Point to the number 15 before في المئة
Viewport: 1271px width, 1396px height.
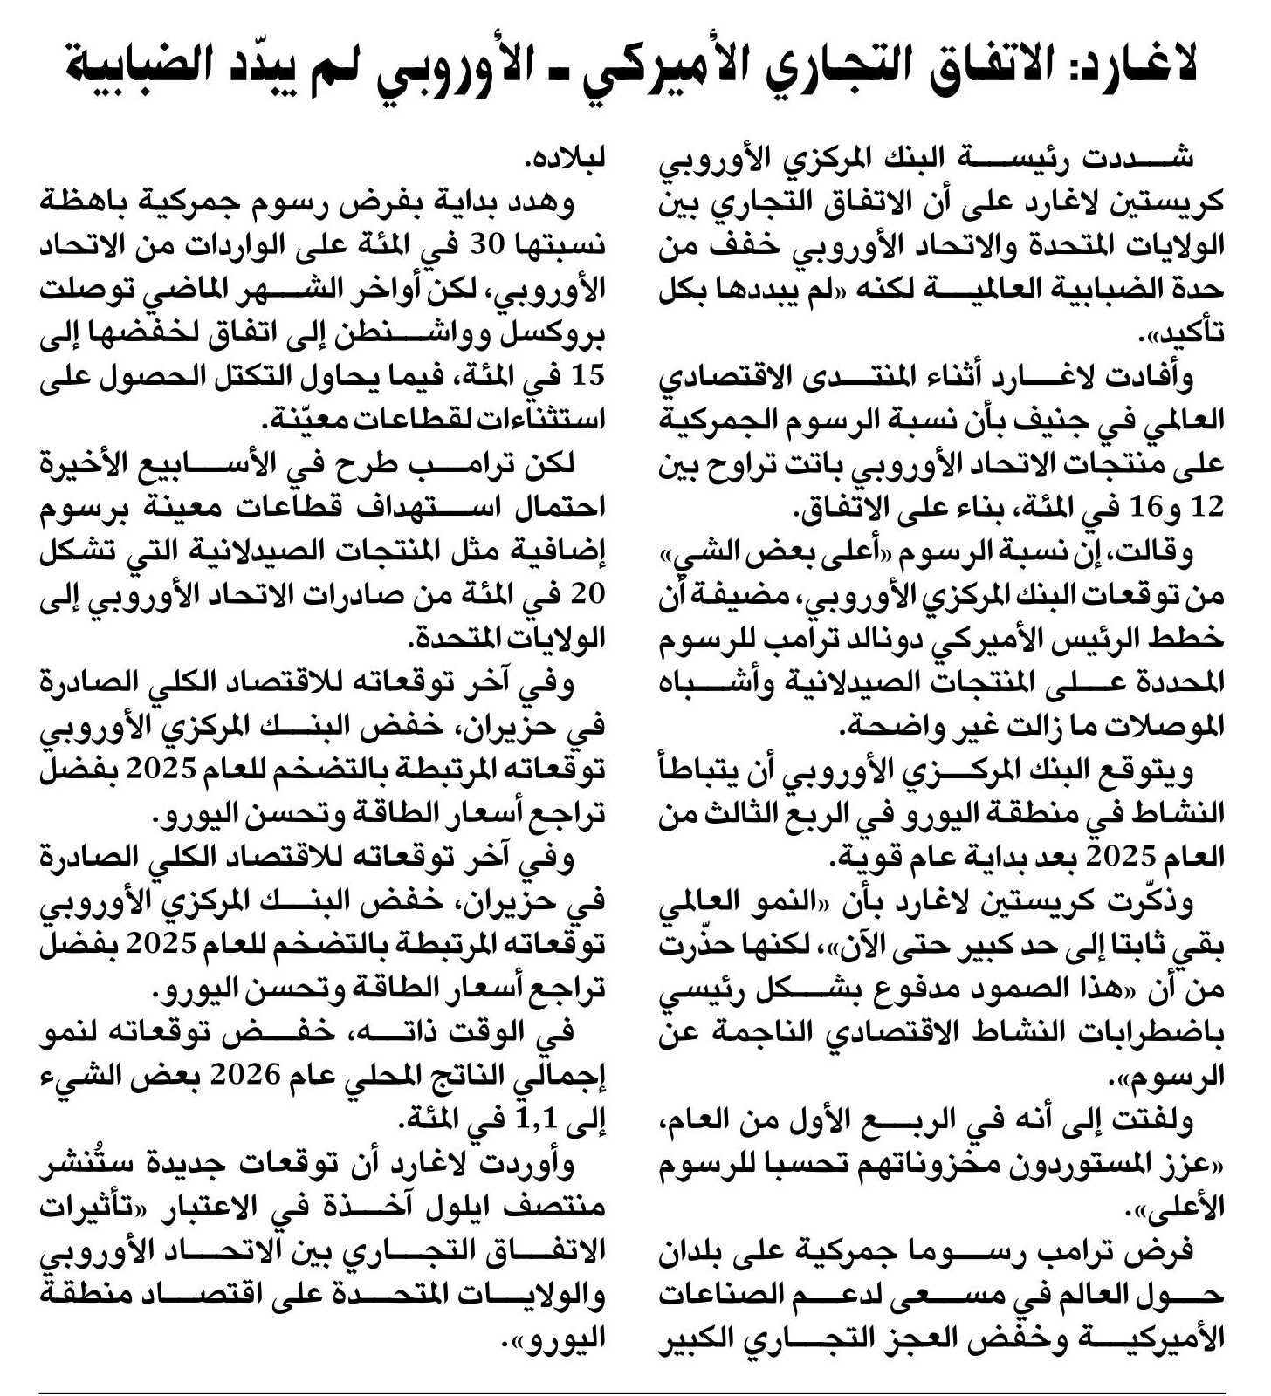pos(587,376)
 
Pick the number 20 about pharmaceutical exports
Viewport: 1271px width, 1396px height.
pos(587,594)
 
